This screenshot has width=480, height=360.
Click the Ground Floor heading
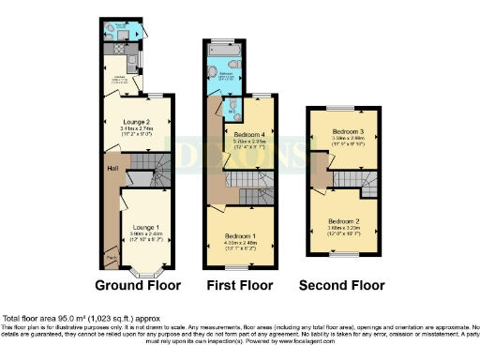[x=140, y=285]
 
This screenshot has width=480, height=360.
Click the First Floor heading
[x=240, y=285]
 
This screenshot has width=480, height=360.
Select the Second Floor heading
[x=341, y=285]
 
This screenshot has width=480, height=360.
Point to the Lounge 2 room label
[x=137, y=121]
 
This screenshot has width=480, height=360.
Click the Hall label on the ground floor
[x=112, y=168]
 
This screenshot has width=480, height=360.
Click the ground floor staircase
[x=150, y=170]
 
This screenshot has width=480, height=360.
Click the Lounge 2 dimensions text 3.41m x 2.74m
[x=137, y=128]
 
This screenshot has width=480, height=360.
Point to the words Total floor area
[x=31, y=319]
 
